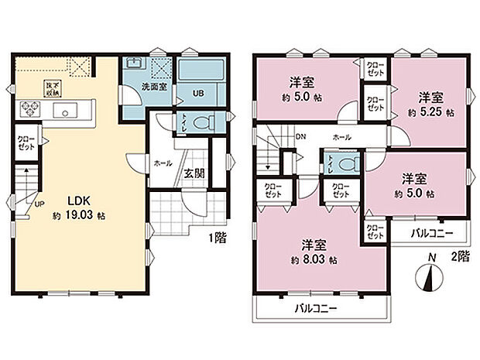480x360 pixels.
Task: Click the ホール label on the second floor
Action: click(x=341, y=137)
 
